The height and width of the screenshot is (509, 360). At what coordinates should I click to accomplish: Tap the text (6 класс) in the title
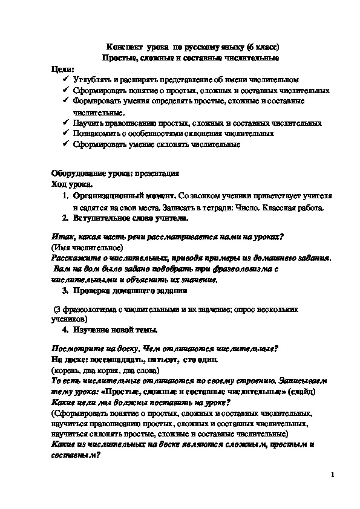click(257, 47)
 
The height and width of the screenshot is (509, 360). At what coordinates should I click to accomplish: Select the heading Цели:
click(64, 69)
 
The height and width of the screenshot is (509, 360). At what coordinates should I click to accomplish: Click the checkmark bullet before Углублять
click(65, 80)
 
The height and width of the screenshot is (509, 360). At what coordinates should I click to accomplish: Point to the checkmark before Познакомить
click(65, 134)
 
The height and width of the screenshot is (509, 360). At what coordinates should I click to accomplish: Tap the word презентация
click(159, 173)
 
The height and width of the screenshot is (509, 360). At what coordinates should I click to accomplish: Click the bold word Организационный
click(108, 196)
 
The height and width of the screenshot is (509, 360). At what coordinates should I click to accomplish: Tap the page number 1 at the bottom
click(333, 475)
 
